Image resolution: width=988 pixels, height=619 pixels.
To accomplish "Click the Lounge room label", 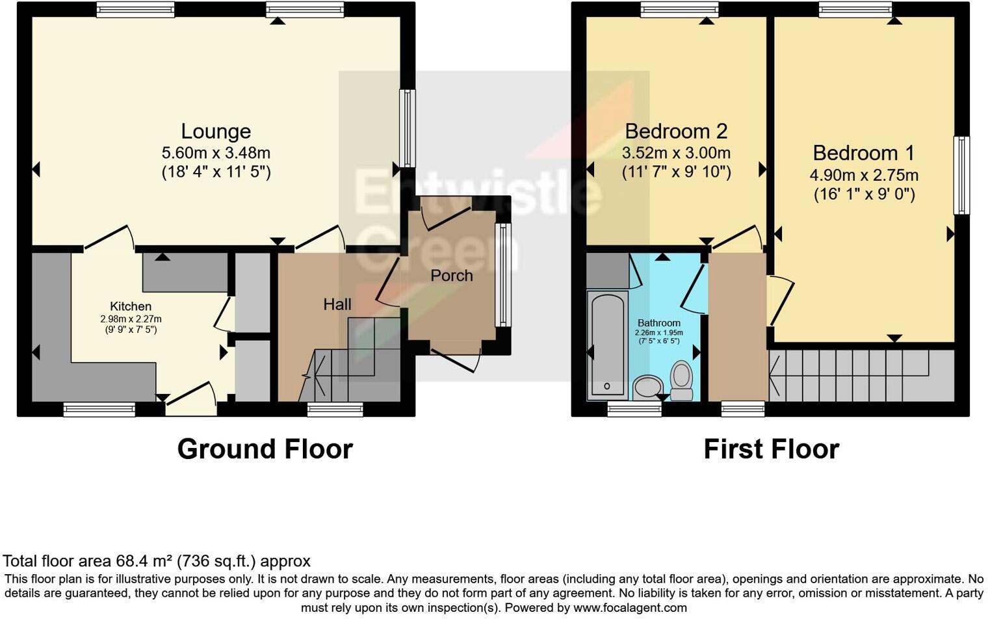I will click(216, 131).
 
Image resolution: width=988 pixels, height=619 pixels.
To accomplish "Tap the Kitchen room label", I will click(131, 306).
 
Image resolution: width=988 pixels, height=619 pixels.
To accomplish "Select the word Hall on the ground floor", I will click(337, 304).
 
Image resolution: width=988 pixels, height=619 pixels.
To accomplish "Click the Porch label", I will click(451, 276).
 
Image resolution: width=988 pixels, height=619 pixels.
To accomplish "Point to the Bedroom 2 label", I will click(676, 131).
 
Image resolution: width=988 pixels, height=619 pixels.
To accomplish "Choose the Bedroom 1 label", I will click(863, 153).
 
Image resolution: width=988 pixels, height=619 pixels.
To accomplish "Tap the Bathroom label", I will click(658, 323).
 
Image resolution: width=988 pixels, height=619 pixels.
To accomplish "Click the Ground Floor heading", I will click(265, 449).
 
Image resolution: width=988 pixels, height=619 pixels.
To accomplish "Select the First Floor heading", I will click(771, 449).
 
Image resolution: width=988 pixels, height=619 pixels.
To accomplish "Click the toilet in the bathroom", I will click(681, 380).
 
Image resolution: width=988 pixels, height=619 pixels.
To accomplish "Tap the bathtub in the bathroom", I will click(607, 345).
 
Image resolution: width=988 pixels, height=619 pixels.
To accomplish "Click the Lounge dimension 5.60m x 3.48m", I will click(216, 153).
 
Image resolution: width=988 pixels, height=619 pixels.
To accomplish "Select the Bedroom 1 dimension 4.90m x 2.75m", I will click(863, 175).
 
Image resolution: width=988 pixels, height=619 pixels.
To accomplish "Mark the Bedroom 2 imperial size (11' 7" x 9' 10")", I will click(676, 172).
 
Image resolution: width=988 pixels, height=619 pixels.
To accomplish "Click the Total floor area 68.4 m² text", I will click(156, 561).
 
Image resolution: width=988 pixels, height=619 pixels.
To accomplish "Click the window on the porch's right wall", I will click(502, 274).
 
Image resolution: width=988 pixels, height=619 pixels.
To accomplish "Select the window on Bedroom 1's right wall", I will click(961, 175).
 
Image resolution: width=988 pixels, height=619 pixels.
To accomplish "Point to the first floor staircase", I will click(858, 376).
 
